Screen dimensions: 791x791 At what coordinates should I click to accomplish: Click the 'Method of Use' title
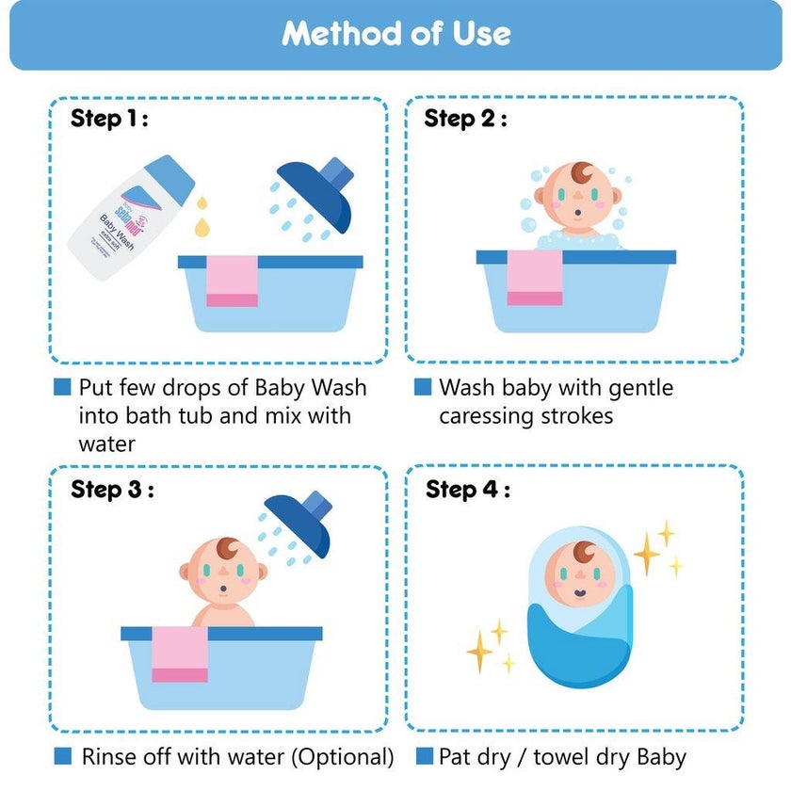pos(395,34)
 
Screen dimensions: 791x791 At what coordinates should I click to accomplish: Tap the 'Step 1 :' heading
pos(110,119)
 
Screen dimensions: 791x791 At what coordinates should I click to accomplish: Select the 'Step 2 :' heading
pos(465,119)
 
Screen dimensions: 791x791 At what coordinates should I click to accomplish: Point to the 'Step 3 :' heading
pos(112,490)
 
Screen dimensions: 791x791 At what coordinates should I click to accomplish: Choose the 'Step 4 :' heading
pos(467,490)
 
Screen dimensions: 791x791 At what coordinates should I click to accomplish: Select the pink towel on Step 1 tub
pos(232,281)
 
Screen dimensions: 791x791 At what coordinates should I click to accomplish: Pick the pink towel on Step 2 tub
pos(535,278)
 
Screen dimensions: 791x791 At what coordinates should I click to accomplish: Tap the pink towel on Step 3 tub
pos(180,654)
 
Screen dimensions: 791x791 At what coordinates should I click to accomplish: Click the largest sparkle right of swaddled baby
pos(649,554)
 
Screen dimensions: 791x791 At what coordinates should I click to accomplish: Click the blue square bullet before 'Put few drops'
pos(63,387)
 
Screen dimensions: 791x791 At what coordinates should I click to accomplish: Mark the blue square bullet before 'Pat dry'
pos(423,756)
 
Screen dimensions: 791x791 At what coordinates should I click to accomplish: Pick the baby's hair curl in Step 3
pos(230,548)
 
